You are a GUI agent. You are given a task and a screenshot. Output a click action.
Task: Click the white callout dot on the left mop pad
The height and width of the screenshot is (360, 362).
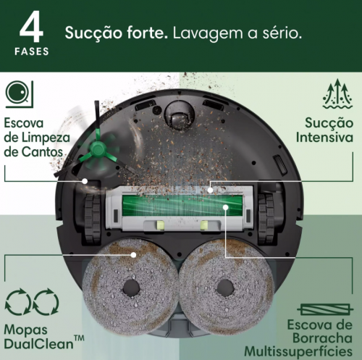pyautogui.click(x=134, y=254)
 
